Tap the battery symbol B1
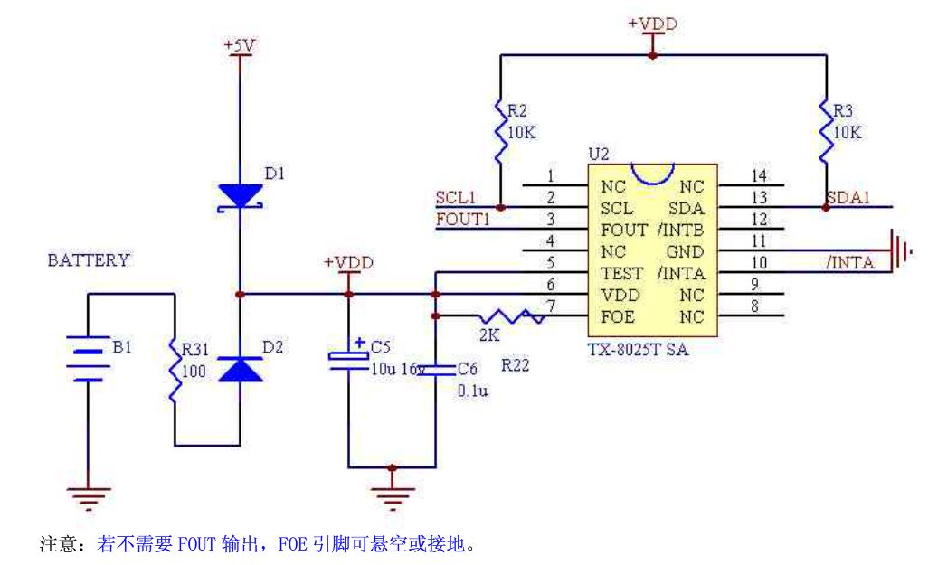88,356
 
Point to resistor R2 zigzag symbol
500,132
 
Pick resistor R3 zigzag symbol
826,132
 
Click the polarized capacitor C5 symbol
348,356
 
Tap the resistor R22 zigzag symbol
511,316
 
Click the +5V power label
240,45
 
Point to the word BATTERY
89,260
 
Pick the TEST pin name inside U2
622,273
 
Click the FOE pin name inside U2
618,316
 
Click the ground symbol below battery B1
88,497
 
